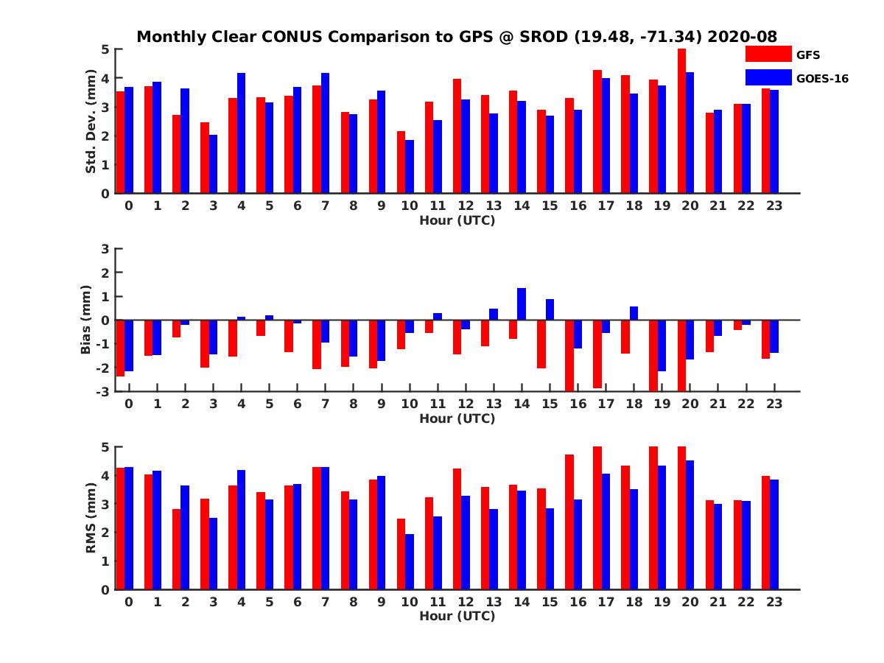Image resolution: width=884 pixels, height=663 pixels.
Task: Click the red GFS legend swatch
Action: (x=768, y=54)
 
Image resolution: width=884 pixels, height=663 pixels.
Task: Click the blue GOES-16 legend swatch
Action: (x=768, y=77)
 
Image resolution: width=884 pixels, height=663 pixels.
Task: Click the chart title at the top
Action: (x=457, y=37)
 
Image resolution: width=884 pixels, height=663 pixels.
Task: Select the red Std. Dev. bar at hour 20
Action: (x=681, y=122)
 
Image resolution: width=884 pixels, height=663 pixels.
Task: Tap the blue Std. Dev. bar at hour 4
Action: (x=241, y=133)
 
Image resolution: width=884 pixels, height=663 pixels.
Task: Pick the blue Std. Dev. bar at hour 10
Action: (x=410, y=166)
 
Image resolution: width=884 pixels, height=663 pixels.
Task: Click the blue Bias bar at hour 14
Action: (x=522, y=304)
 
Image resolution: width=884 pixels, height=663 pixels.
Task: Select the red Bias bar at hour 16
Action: (x=569, y=355)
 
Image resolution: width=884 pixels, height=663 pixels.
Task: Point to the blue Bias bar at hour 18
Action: (x=634, y=313)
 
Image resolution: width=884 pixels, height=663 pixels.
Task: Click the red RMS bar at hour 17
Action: (x=597, y=518)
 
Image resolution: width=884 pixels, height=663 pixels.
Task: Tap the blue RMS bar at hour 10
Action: (x=410, y=561)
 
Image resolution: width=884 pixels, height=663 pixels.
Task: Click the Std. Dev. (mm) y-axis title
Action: (x=91, y=122)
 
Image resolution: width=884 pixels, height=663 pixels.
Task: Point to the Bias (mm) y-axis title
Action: (x=86, y=319)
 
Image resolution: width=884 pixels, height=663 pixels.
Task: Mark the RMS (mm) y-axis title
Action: (x=91, y=518)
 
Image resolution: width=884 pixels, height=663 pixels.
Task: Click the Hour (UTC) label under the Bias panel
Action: (x=457, y=418)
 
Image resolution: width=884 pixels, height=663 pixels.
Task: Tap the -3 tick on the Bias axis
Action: (x=103, y=391)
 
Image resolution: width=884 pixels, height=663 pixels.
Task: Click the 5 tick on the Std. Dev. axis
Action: (x=106, y=49)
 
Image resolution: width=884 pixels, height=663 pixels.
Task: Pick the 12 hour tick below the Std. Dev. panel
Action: (x=466, y=206)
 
